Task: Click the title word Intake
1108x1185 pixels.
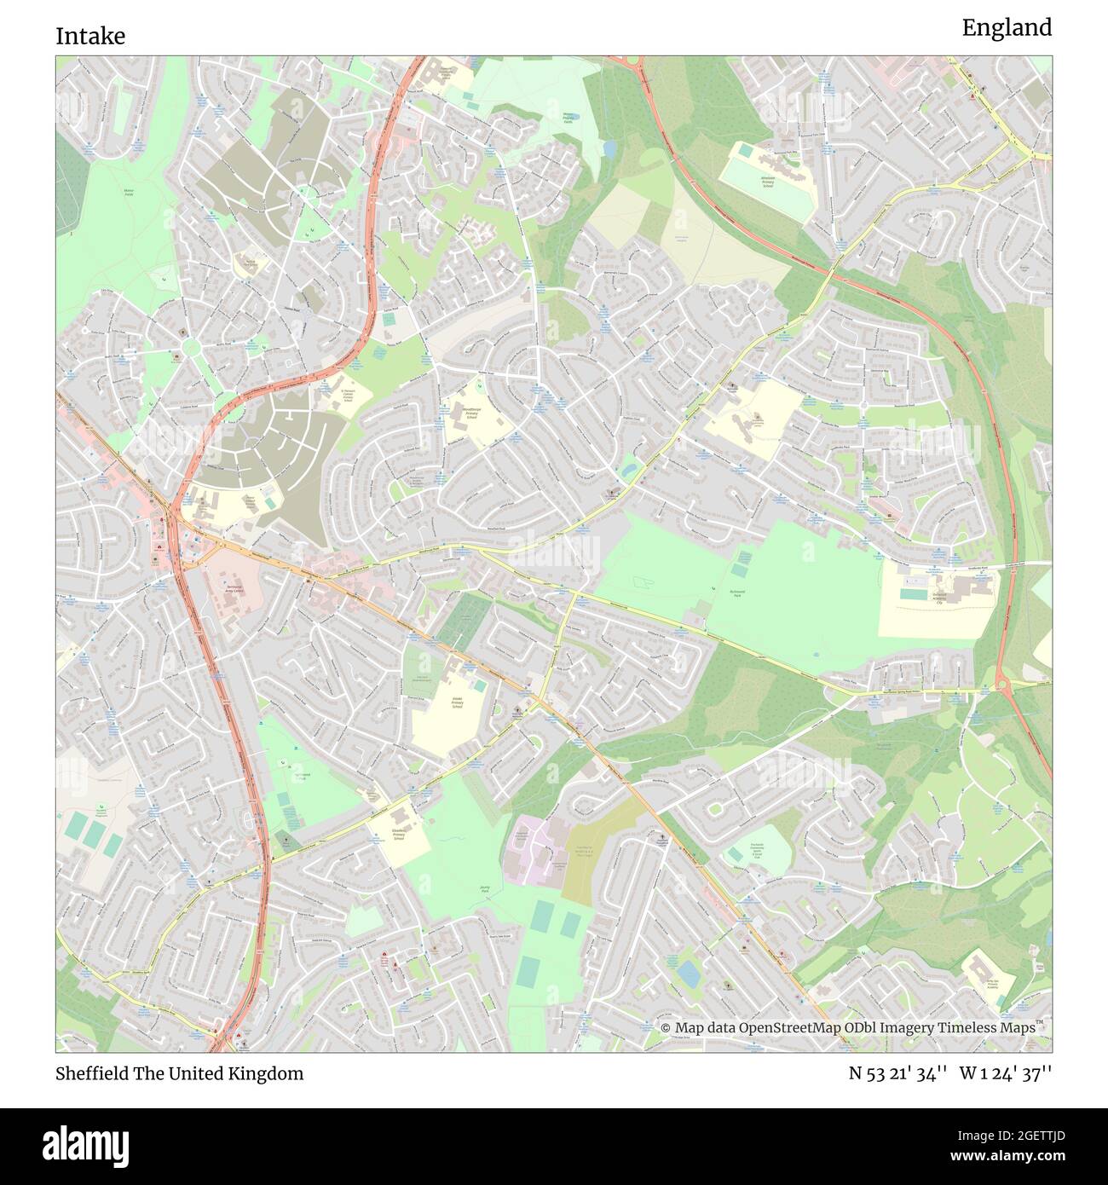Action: click(90, 36)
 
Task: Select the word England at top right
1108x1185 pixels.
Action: click(1007, 28)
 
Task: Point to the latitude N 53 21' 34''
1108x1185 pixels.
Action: click(897, 1073)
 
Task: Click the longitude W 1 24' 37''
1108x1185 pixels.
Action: click(1005, 1073)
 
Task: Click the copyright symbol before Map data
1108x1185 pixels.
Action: click(666, 1028)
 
